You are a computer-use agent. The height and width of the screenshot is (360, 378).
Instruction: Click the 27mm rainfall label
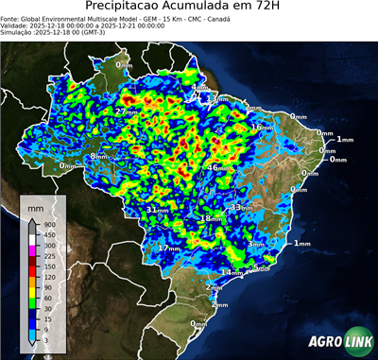tap(125, 111)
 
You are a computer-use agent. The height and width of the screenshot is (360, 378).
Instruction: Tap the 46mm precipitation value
tap(216, 167)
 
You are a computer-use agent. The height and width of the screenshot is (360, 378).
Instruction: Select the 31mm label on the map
tap(158, 209)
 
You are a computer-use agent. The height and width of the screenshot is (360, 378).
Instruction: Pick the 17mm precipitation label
tap(168, 248)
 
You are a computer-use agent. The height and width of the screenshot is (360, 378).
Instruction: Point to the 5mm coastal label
tap(260, 267)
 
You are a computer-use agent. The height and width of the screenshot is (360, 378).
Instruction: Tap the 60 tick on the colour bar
tap(47, 296)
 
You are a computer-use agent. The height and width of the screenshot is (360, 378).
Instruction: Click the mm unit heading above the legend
tap(36, 206)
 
